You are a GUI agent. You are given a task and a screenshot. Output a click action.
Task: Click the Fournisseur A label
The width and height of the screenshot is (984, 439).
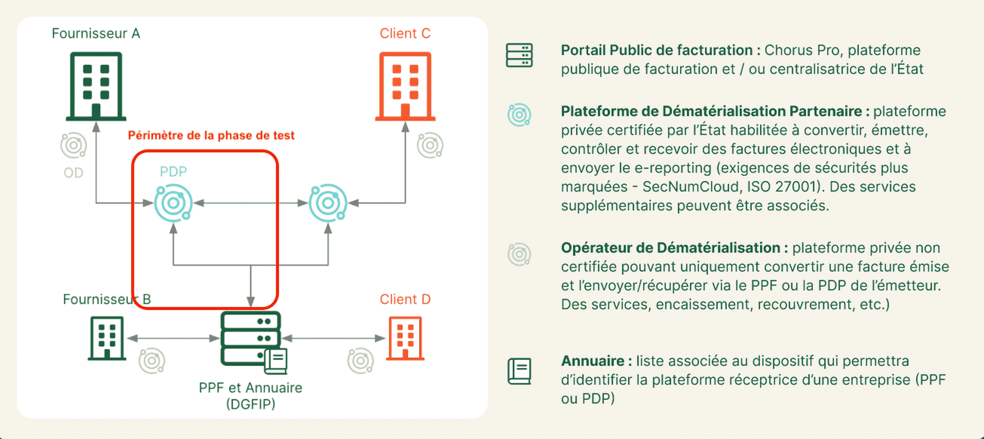pyautogui.click(x=96, y=34)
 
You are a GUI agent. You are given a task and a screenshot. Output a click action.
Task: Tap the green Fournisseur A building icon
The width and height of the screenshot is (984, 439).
pyautogui.click(x=96, y=86)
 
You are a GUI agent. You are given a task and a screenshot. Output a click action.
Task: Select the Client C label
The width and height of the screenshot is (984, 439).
pyautogui.click(x=405, y=34)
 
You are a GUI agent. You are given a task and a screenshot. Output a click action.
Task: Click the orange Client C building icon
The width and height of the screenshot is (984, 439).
pyautogui.click(x=405, y=86)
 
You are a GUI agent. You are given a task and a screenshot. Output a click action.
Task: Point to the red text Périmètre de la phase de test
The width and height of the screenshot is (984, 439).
pyautogui.click(x=211, y=135)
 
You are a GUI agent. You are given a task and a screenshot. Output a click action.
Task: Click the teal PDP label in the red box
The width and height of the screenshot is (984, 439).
pyautogui.click(x=173, y=171)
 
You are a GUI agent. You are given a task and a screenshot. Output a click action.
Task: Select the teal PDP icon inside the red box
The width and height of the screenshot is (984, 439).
pyautogui.click(x=174, y=203)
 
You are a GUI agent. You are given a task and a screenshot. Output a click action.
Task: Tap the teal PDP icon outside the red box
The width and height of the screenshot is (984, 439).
pyautogui.click(x=328, y=203)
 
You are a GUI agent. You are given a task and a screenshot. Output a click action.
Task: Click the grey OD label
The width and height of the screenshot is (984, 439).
pyautogui.click(x=73, y=173)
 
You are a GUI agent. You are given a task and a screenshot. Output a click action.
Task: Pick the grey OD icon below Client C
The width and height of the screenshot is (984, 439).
pyautogui.click(x=430, y=146)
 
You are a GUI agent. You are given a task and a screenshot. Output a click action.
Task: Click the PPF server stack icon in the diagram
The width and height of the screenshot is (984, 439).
pyautogui.click(x=251, y=338)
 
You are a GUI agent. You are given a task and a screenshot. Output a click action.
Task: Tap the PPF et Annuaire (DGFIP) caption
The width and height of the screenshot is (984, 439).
pyautogui.click(x=251, y=395)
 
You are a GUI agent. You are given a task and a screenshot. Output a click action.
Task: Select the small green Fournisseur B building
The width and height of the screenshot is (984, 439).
pyautogui.click(x=107, y=338)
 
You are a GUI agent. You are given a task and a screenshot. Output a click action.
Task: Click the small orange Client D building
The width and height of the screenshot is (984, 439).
pyautogui.click(x=405, y=338)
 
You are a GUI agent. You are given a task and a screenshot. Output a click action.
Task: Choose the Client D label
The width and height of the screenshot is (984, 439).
pyautogui.click(x=405, y=300)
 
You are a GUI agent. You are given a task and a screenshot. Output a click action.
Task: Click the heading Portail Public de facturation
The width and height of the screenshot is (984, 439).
pyautogui.click(x=657, y=50)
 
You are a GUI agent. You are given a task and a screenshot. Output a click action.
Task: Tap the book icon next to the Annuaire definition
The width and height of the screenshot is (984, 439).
pyautogui.click(x=519, y=371)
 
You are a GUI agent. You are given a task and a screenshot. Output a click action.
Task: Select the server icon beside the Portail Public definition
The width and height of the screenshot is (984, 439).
pyautogui.click(x=519, y=55)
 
